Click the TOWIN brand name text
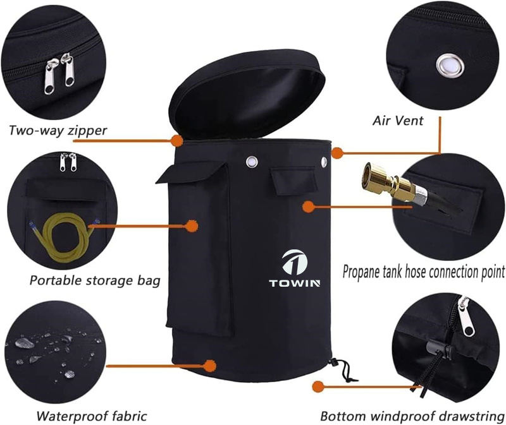click(295, 283)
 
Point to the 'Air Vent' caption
click(398, 121)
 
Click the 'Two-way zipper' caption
click(58, 131)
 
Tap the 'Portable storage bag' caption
click(95, 280)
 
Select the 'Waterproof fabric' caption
click(92, 416)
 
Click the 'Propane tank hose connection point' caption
click(424, 272)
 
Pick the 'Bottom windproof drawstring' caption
click(412, 416)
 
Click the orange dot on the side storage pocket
click(192, 226)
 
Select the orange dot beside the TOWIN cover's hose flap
click(309, 207)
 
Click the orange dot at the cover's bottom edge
click(210, 366)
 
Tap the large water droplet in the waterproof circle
click(25, 343)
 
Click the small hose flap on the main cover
click(292, 181)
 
